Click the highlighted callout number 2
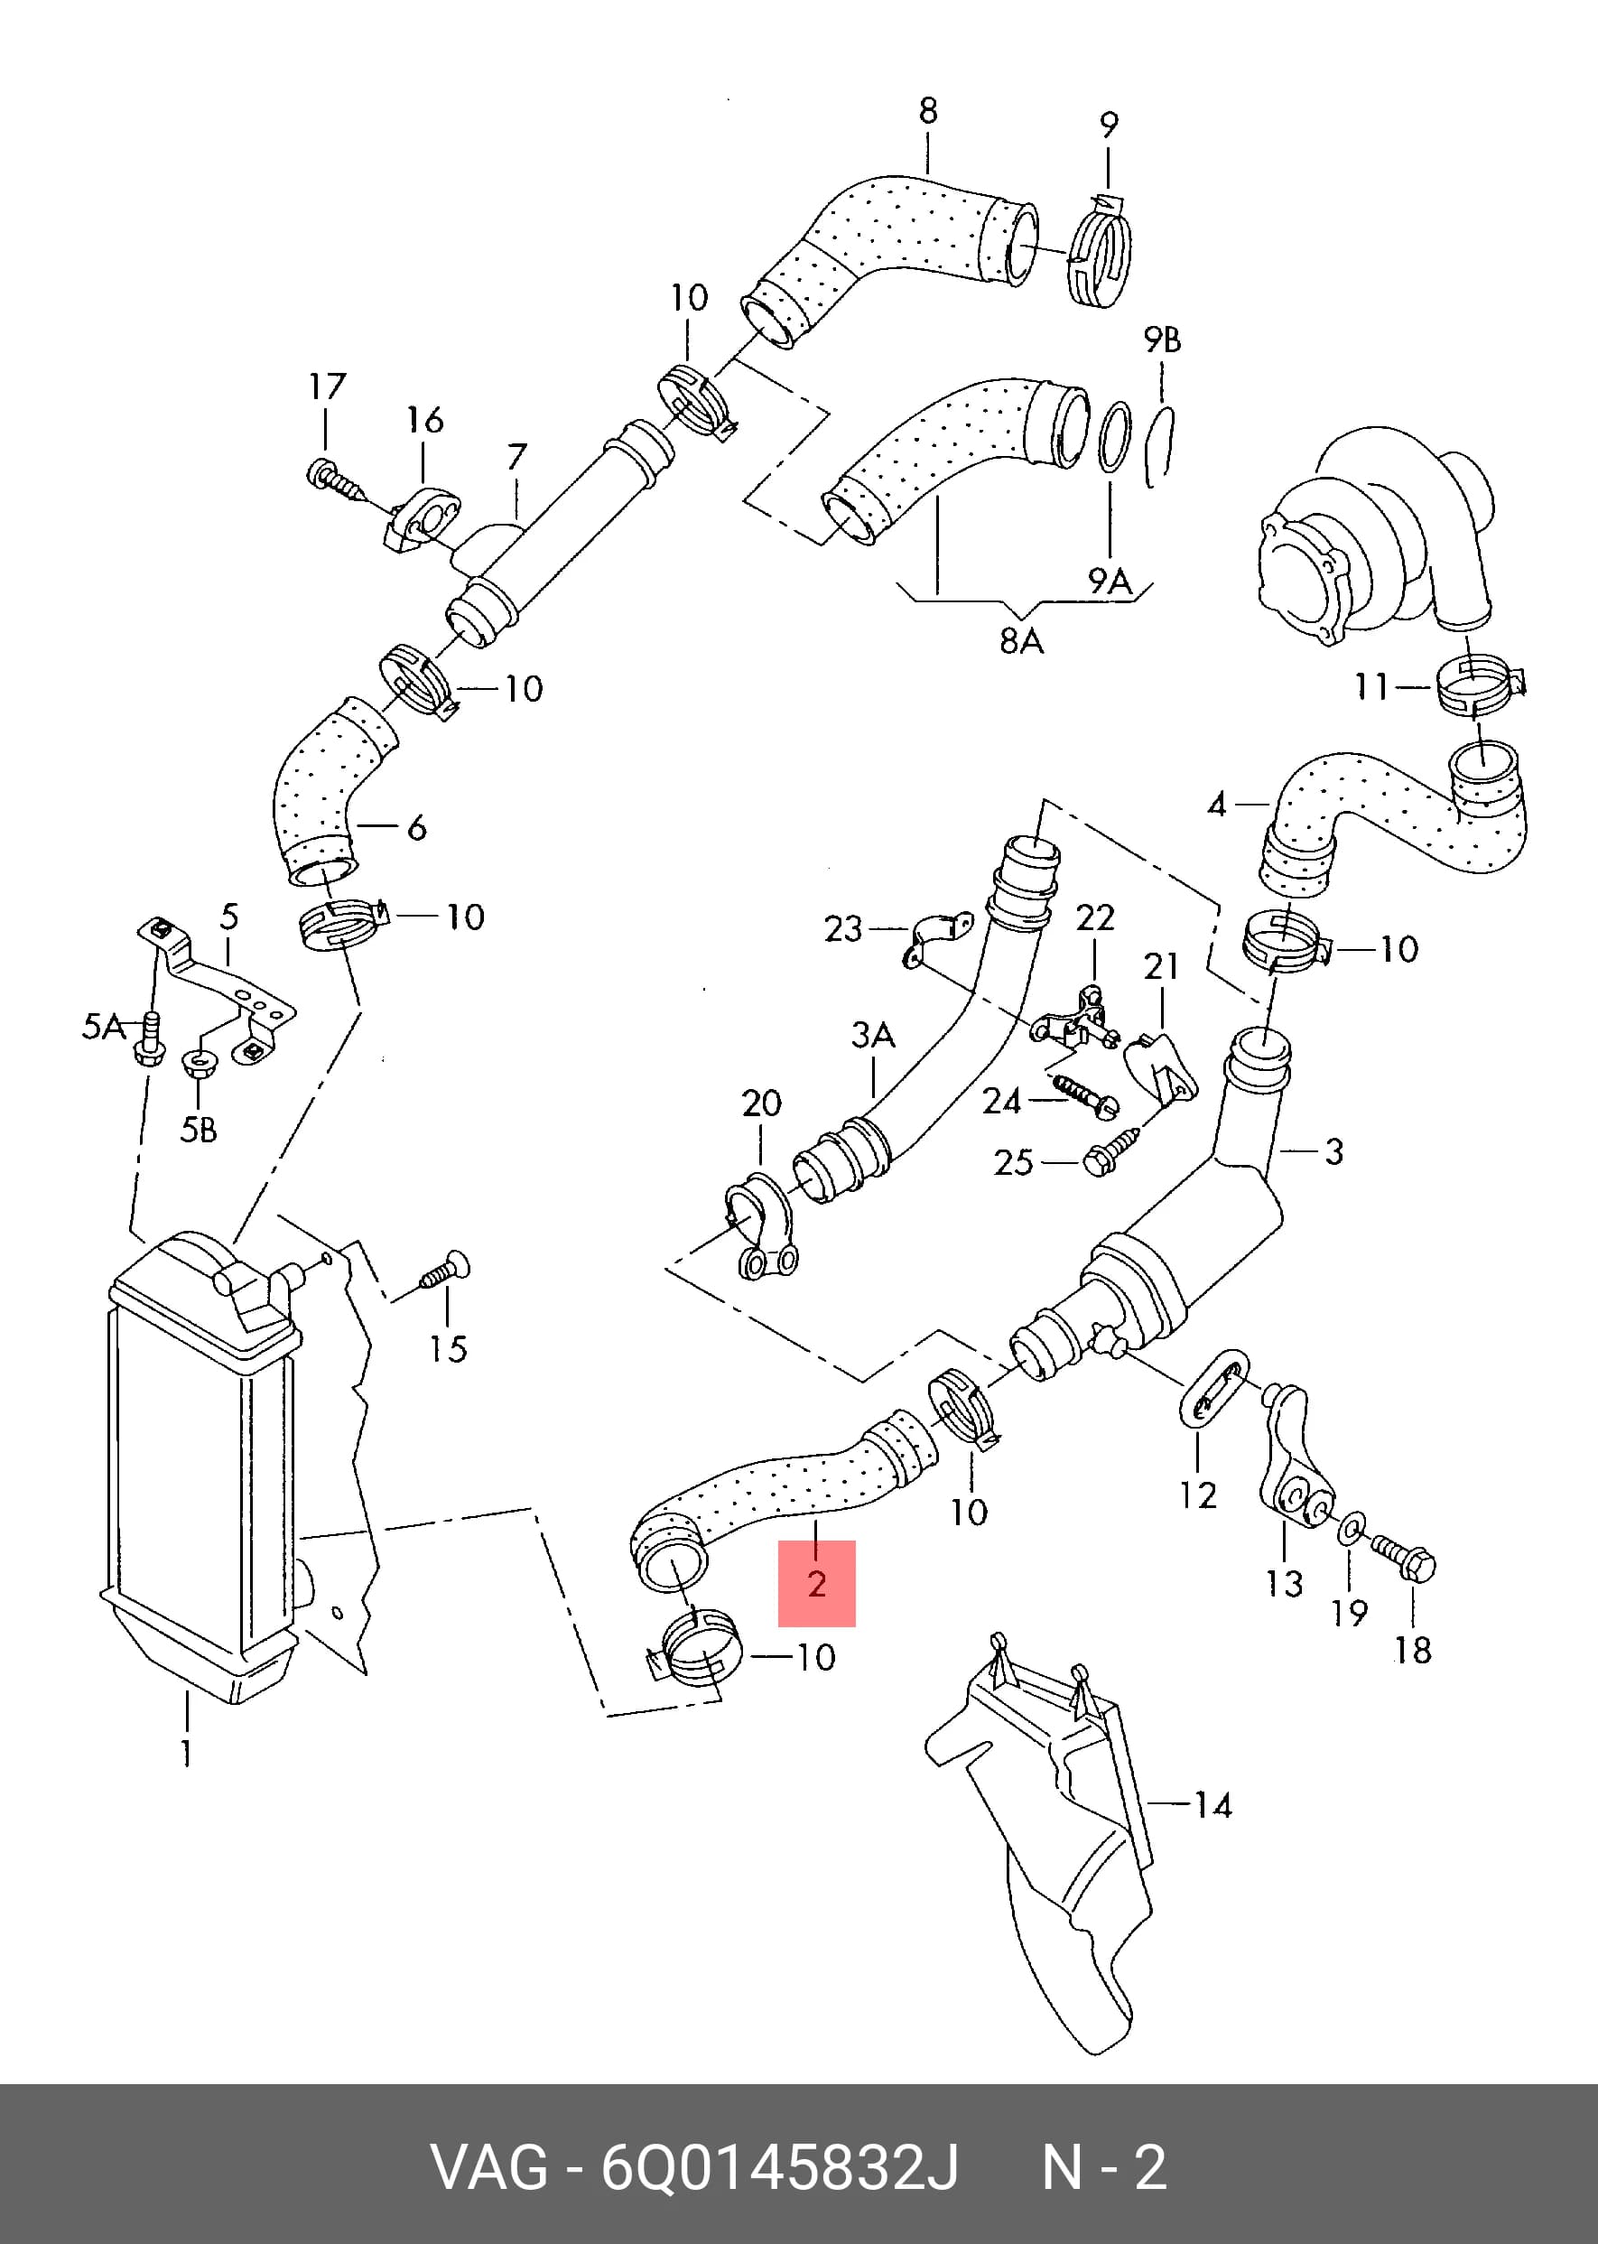point(817,1584)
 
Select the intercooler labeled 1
point(201,1467)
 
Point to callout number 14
point(1212,1805)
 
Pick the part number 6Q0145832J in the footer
point(779,2167)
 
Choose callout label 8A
point(1021,642)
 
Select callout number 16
point(425,420)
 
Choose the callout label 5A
point(103,1027)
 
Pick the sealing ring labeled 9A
point(1114,437)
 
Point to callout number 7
point(517,457)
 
